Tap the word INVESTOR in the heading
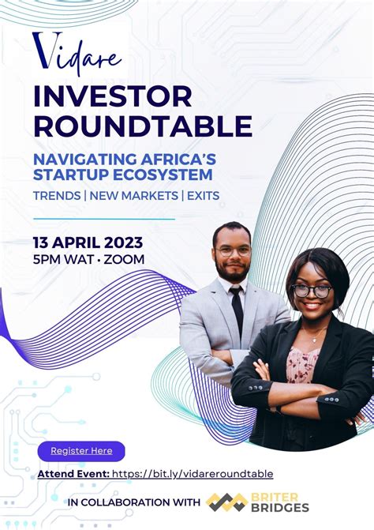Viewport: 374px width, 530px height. [x=112, y=97]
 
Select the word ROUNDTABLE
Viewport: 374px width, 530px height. [x=143, y=126]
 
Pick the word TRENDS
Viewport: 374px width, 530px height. [x=58, y=194]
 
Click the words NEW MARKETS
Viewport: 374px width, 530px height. [x=132, y=194]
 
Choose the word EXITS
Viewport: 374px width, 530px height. [x=203, y=194]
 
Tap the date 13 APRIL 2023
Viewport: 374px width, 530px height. [x=88, y=242]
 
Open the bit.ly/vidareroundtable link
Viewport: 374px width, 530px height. [x=193, y=474]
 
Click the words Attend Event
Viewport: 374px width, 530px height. [x=73, y=474]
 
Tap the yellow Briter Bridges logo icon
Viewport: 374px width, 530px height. [x=226, y=502]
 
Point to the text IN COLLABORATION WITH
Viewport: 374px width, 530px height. [x=134, y=502]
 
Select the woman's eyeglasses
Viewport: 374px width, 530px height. [x=312, y=291]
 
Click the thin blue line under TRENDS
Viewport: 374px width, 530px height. [x=104, y=219]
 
